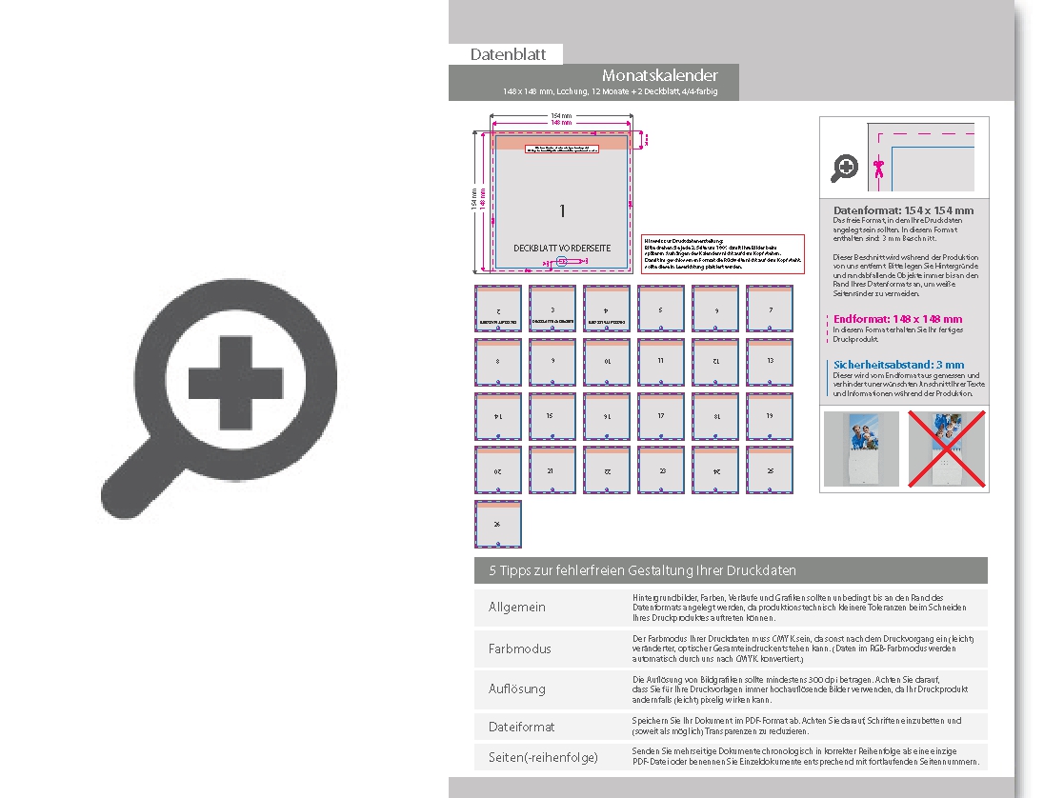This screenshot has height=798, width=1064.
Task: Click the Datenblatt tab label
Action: pyautogui.click(x=505, y=54)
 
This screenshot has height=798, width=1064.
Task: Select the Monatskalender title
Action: pyautogui.click(x=659, y=75)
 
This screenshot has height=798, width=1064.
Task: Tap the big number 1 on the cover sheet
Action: pyautogui.click(x=562, y=210)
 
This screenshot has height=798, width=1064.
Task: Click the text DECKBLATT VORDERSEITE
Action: pyautogui.click(x=562, y=248)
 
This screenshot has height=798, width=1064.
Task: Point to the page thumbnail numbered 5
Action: pyautogui.click(x=661, y=309)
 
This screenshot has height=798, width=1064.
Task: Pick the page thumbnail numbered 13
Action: pyautogui.click(x=770, y=363)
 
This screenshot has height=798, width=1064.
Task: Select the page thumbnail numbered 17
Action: pyautogui.click(x=661, y=417)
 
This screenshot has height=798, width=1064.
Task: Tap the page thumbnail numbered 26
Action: pyautogui.click(x=498, y=525)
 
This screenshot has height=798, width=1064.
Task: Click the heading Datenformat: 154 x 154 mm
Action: pyautogui.click(x=903, y=209)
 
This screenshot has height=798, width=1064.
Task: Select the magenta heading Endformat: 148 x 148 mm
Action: pyautogui.click(x=897, y=319)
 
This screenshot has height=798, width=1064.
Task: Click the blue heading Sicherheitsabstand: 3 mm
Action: pyautogui.click(x=898, y=365)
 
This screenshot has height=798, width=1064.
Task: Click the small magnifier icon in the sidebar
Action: pyautogui.click(x=845, y=170)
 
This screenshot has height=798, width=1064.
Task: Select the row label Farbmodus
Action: pyautogui.click(x=520, y=648)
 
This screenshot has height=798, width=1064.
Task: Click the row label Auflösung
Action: pyautogui.click(x=518, y=688)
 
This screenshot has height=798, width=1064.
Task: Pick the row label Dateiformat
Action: pyautogui.click(x=521, y=727)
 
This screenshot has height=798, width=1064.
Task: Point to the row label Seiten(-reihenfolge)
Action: pyautogui.click(x=543, y=757)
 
